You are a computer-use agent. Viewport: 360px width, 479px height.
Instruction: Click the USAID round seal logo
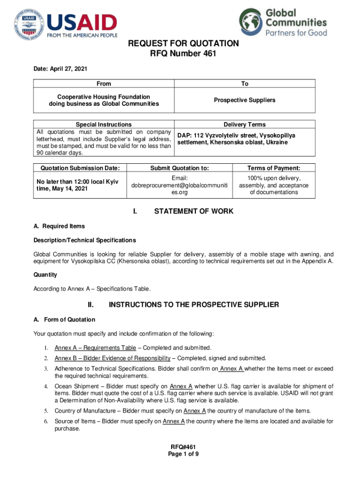[x=27, y=25]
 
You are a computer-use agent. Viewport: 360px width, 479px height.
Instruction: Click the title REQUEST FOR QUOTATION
[x=184, y=44]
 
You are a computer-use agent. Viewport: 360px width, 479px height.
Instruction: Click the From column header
[x=104, y=84]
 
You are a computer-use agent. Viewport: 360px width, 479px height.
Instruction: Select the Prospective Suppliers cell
[x=245, y=100]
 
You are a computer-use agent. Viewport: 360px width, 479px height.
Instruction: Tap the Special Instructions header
[x=104, y=124]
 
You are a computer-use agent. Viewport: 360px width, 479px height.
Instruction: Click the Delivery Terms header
[x=245, y=124]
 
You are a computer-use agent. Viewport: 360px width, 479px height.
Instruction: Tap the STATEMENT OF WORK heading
[x=194, y=211]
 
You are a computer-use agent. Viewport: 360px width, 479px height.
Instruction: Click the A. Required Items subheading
[x=59, y=226]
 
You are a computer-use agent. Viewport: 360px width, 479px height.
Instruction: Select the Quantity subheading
[x=45, y=275]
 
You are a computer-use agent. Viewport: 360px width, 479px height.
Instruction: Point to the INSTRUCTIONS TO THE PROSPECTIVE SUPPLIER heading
[x=194, y=305]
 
